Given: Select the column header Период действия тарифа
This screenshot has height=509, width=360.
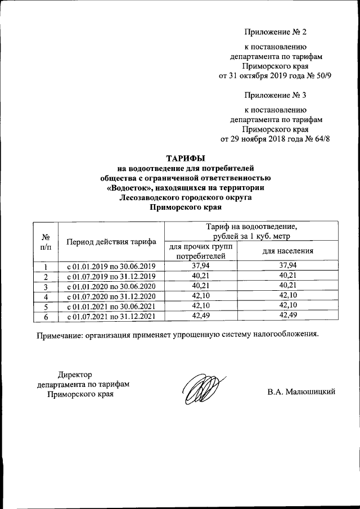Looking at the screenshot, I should point(111,242).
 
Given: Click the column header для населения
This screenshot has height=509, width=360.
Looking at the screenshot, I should point(287,251).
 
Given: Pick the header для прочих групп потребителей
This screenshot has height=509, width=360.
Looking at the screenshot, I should point(200,251).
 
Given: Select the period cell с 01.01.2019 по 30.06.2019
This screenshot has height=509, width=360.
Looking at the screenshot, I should point(111,266).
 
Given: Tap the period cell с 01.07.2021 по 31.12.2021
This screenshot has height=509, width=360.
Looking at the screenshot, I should point(111,317).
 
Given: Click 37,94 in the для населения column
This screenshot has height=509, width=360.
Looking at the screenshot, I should point(287,265).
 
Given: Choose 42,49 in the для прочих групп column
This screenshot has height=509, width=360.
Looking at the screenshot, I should point(200,317).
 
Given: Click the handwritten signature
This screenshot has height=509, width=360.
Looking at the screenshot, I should point(203,389).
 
